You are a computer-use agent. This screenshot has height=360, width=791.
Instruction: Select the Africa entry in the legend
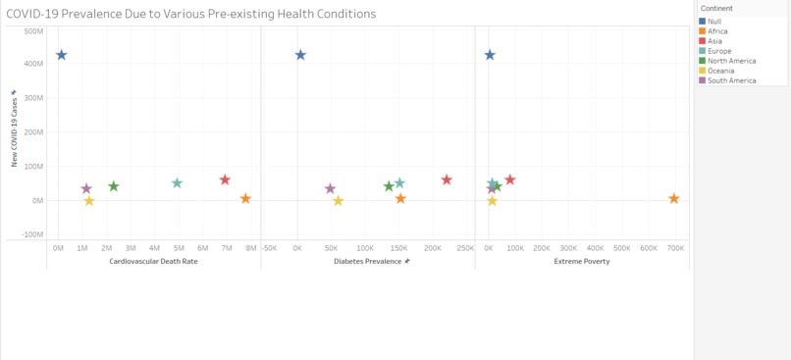point(717,31)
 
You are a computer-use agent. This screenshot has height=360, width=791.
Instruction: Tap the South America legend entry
point(730,80)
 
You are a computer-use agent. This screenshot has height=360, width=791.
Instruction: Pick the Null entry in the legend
point(714,22)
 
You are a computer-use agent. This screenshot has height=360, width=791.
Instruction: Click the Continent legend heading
point(716,9)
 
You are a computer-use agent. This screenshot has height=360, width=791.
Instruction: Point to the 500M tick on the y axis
point(32,30)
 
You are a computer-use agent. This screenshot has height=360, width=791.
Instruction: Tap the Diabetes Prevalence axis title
point(371,262)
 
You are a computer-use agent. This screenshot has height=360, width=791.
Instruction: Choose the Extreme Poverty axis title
point(582,262)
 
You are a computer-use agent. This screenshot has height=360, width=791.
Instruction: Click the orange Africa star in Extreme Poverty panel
point(674,198)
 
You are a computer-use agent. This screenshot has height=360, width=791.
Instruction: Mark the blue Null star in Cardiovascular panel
point(61,55)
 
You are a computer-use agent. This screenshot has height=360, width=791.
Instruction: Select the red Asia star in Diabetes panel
point(447,180)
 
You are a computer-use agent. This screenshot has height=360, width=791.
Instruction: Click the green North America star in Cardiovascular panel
point(114,186)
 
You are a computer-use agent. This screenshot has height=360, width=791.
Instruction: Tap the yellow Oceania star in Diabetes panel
point(339,200)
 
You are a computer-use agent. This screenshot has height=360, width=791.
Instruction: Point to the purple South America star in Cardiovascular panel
point(86,188)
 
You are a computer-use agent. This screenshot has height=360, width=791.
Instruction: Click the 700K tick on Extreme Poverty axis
point(675,248)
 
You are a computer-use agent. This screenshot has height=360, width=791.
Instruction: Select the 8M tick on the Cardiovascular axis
point(250,248)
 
